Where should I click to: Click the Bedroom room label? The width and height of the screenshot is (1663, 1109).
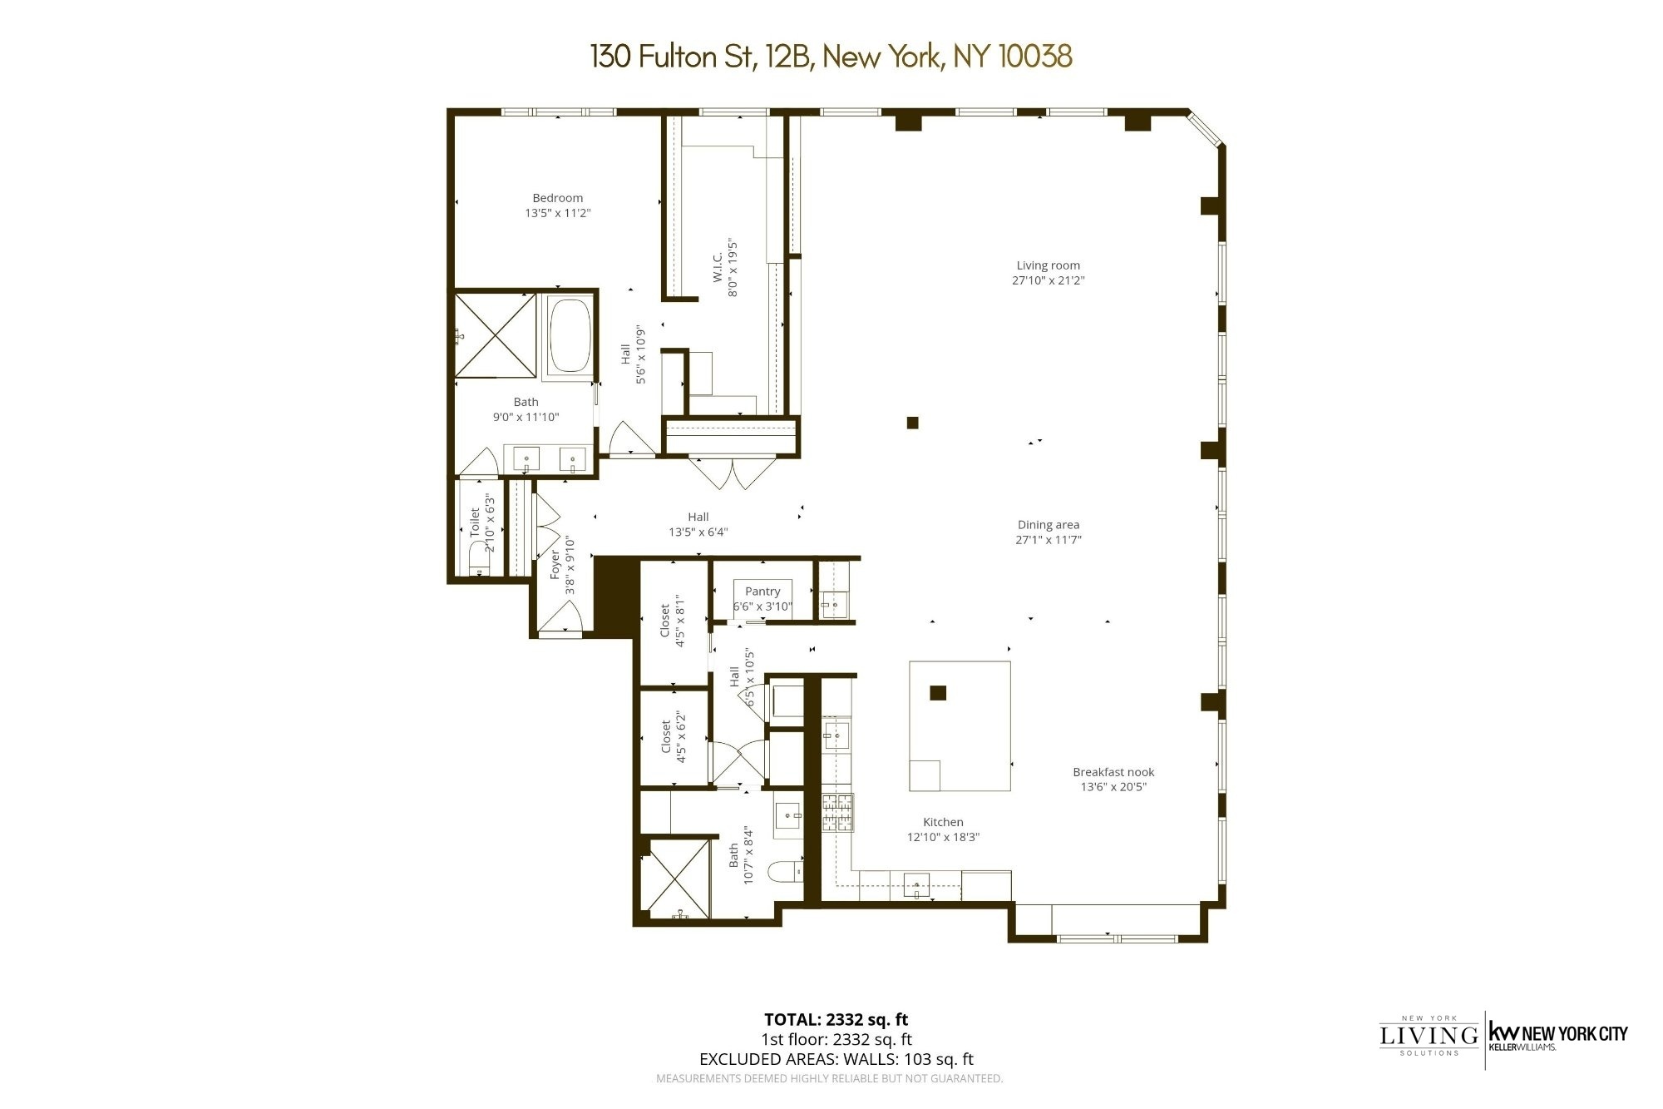[557, 198]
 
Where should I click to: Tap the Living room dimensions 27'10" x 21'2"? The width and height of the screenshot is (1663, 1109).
[1048, 280]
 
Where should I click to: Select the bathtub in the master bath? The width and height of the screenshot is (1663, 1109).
[570, 335]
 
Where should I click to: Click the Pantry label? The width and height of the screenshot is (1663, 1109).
[762, 592]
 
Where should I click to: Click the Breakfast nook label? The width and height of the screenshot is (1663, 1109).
[1113, 772]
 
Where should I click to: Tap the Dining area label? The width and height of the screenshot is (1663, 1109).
[1048, 525]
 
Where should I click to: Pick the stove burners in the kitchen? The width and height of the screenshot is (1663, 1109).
[837, 813]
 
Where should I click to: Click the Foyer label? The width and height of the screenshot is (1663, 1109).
[555, 565]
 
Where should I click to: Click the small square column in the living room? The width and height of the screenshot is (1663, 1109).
[912, 423]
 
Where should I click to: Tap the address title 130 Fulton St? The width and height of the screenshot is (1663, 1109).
[830, 57]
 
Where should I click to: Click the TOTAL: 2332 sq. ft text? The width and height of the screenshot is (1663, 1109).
[836, 1019]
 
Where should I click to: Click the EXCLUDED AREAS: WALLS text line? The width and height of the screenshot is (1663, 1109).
[836, 1059]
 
